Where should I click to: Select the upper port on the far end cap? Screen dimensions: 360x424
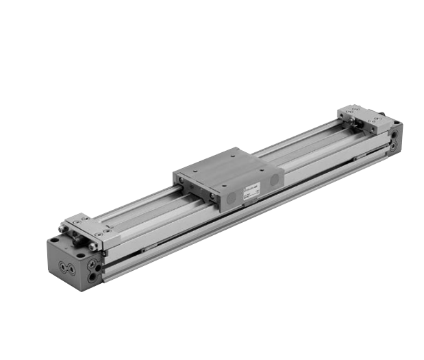click(395, 134)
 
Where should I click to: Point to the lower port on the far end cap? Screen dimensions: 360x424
click(393, 145)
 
